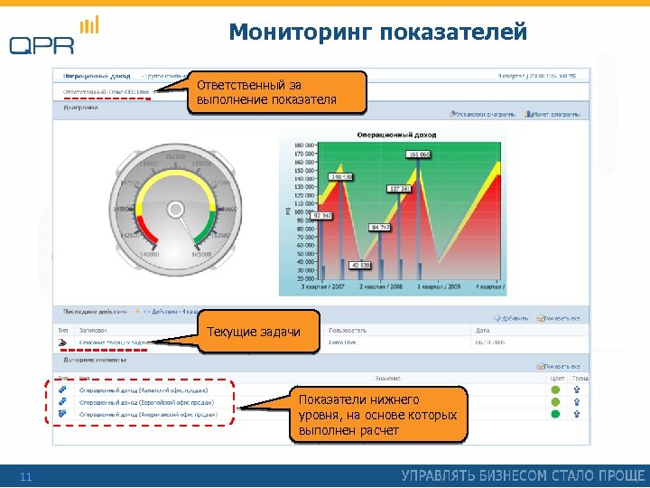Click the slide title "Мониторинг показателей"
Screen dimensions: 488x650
[x=377, y=33]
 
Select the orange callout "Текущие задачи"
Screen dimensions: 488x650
[x=254, y=333]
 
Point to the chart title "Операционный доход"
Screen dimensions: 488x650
[x=392, y=134]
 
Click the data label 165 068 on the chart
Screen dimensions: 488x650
[x=419, y=155]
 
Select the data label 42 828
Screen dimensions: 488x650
[x=360, y=266]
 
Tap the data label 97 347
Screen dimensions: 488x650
[x=322, y=216]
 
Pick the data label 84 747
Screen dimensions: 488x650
[x=380, y=227]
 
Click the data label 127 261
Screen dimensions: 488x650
[x=399, y=189]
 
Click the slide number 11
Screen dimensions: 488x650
[x=25, y=476]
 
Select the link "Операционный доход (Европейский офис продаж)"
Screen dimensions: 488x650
[x=148, y=401]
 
